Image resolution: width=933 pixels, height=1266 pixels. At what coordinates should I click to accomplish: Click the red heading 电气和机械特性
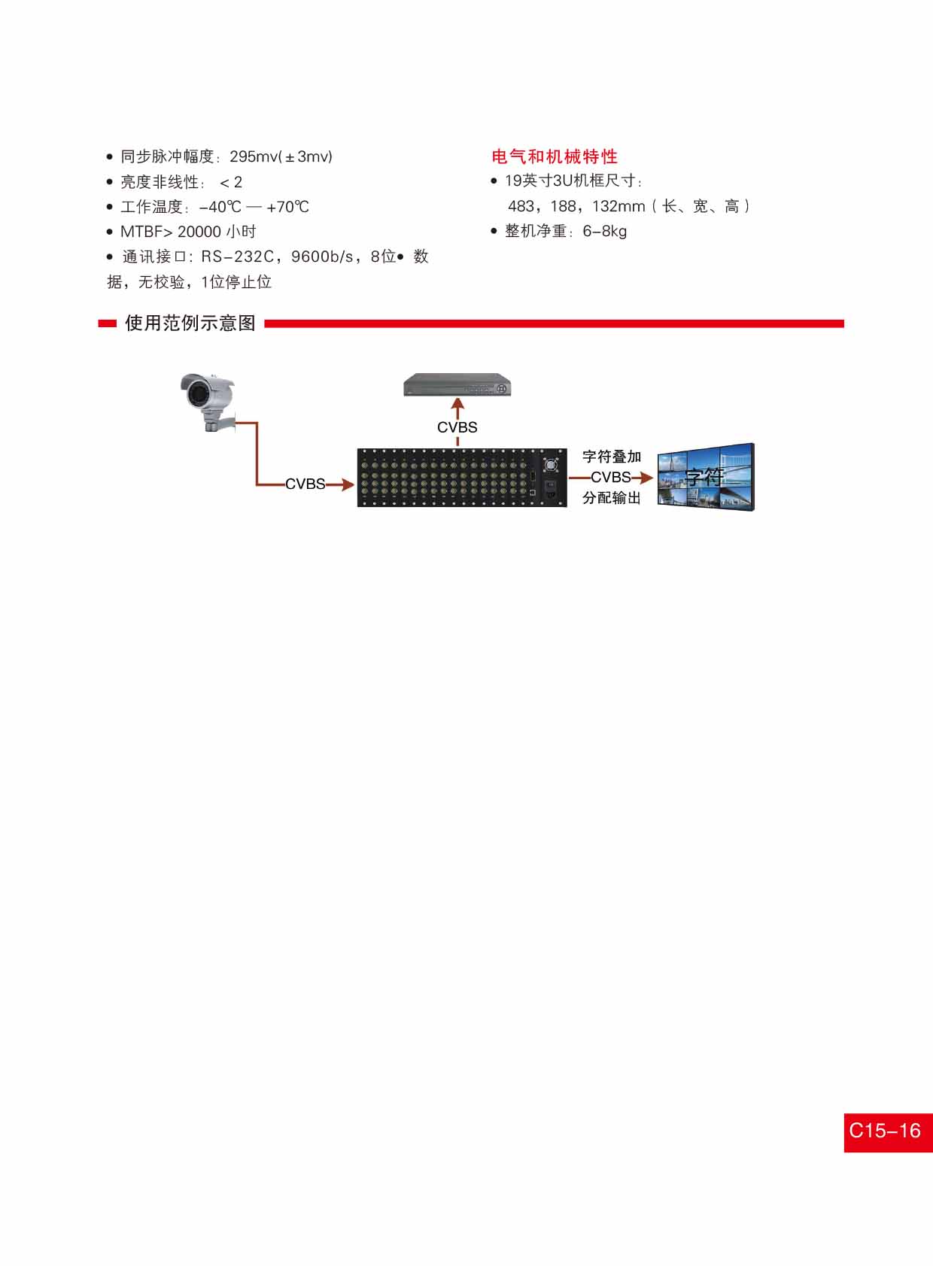click(554, 156)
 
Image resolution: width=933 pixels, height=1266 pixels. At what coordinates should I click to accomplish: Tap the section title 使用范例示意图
click(190, 323)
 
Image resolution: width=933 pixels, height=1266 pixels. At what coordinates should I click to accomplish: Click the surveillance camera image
click(208, 402)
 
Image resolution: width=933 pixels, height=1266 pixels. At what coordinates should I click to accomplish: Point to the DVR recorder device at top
click(457, 385)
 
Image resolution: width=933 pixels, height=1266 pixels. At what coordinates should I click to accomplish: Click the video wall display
click(706, 477)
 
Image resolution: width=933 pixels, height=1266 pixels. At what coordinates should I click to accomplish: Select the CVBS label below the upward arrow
click(457, 427)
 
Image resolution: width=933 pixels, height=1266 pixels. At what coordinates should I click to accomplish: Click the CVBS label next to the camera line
click(305, 484)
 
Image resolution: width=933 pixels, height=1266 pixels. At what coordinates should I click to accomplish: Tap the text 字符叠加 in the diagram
click(612, 457)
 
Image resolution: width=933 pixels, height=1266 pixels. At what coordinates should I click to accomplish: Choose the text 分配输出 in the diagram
click(612, 498)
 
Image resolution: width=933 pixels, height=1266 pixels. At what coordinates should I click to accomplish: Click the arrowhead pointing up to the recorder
click(457, 403)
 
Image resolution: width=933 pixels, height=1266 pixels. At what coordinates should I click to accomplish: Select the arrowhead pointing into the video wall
click(647, 478)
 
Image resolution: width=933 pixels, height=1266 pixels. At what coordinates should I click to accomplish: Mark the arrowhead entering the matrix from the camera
click(348, 484)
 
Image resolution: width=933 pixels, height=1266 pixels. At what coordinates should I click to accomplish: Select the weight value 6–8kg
click(604, 231)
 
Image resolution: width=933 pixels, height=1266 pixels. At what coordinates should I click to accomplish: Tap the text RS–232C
click(238, 257)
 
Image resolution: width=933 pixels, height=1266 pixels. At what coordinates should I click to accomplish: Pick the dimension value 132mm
click(618, 206)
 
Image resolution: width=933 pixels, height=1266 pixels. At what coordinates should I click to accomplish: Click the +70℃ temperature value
click(287, 207)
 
